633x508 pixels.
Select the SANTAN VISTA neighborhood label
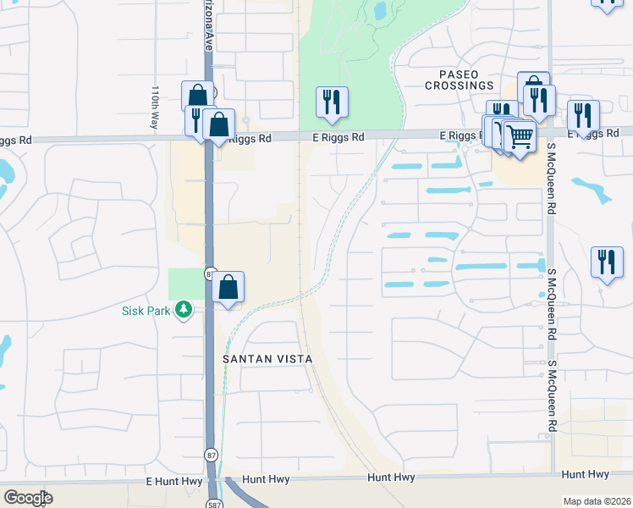click(x=267, y=359)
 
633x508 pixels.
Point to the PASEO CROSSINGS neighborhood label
click(x=460, y=80)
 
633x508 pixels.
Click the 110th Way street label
click(x=155, y=106)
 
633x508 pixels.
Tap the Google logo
click(x=27, y=498)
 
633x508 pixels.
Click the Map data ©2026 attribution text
click(x=596, y=501)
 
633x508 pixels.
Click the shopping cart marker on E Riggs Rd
click(x=520, y=135)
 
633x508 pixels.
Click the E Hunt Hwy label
click(x=173, y=480)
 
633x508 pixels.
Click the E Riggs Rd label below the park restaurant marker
click(x=338, y=137)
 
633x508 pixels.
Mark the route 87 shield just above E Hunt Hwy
click(x=210, y=456)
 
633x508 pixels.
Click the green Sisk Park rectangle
click(x=186, y=284)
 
